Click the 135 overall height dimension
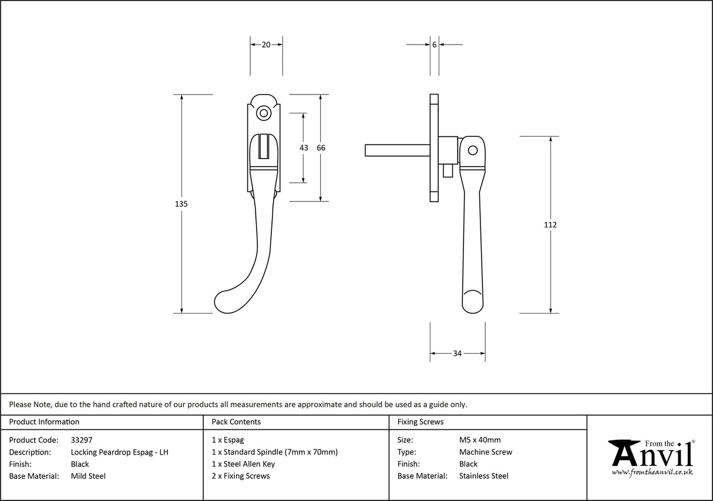[x=181, y=204]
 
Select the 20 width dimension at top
[x=265, y=45]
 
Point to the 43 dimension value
[x=304, y=148]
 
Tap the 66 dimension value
[x=321, y=148]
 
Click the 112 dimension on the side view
[x=550, y=225]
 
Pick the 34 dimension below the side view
[x=457, y=354]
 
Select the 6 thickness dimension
[x=434, y=45]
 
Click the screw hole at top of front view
[x=264, y=113]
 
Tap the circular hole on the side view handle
[x=473, y=151]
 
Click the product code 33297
[x=82, y=440]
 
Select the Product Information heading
[x=44, y=422]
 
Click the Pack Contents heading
[x=236, y=422]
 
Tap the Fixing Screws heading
[x=421, y=422]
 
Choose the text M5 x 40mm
[x=480, y=440]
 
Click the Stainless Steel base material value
[x=484, y=476]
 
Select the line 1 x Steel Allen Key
[x=243, y=464]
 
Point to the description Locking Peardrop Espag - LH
[x=120, y=452]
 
